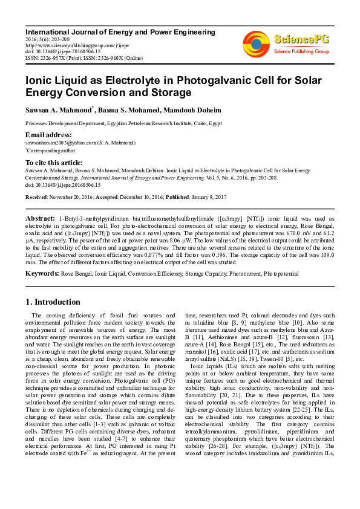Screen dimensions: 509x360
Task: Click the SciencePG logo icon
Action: (256, 44)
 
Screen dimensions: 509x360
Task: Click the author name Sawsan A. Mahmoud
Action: (58, 109)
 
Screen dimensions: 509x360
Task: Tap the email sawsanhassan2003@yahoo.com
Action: (61, 143)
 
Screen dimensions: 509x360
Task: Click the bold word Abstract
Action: (41, 218)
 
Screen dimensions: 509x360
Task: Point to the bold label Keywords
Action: (42, 274)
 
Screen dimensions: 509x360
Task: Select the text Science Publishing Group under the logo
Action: (301, 52)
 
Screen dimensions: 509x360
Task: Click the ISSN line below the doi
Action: (83, 58)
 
